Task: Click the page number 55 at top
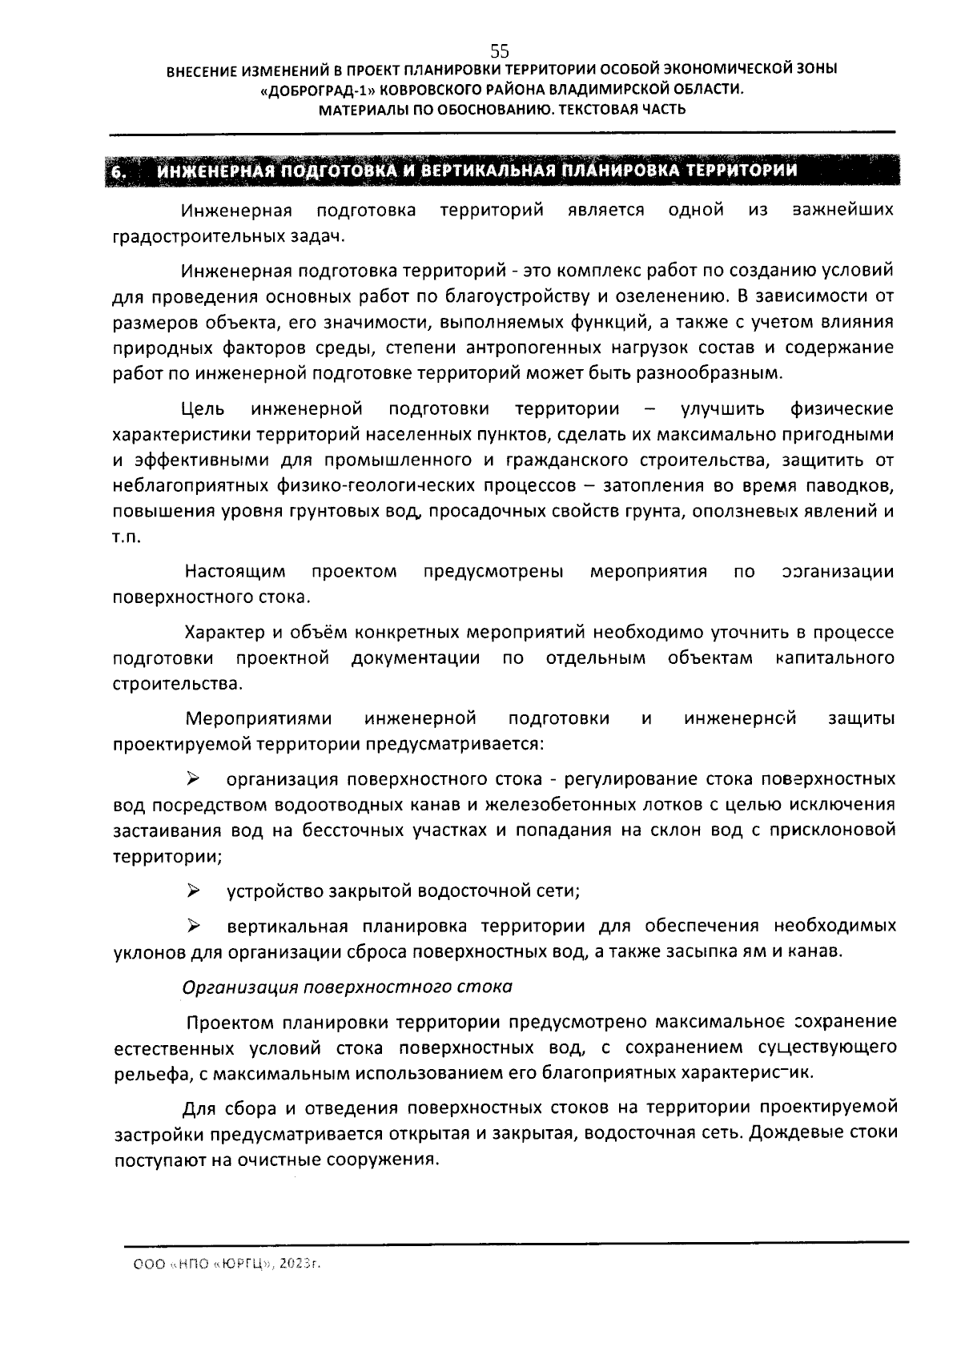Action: pos(499,50)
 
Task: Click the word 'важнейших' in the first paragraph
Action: pos(842,211)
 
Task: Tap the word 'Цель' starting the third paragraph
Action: pos(203,409)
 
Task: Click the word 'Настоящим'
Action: pos(235,572)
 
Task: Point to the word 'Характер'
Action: pos(223,633)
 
